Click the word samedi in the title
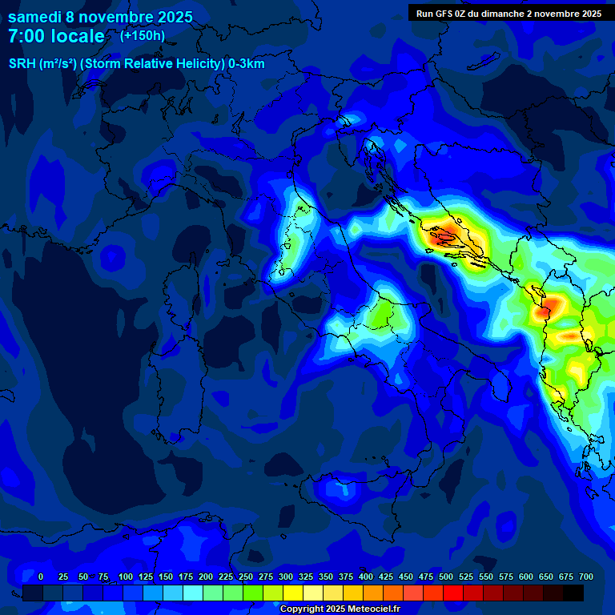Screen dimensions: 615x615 37,16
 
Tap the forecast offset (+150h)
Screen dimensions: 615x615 142,36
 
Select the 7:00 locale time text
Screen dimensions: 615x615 56,37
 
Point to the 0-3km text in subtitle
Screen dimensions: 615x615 247,64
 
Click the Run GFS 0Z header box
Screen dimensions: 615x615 508,14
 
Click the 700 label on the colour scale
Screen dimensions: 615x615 585,577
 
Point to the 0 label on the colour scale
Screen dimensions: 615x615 41,577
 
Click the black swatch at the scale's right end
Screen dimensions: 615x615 573,593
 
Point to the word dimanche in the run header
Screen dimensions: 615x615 502,14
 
